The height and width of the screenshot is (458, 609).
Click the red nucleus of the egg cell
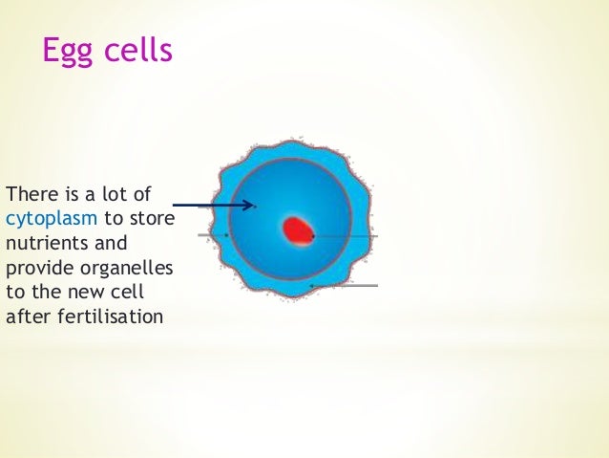tap(298, 230)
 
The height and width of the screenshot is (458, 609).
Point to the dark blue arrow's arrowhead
tap(250, 205)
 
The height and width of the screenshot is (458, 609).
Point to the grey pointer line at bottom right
tap(346, 285)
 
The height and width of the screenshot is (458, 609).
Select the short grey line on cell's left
tap(212, 234)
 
